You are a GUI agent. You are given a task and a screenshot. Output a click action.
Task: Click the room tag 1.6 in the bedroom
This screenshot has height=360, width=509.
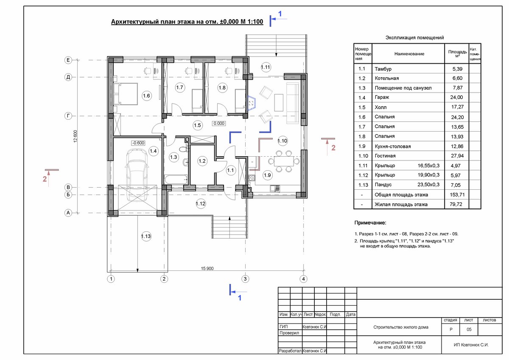pyautogui.click(x=146, y=96)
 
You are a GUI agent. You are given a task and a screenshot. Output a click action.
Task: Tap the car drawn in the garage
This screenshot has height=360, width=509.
pyautogui.click(x=137, y=175)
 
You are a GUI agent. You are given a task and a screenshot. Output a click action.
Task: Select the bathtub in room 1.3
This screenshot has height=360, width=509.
pyautogui.click(x=176, y=180)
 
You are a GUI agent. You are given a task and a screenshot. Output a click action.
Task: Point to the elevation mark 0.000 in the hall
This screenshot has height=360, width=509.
pyautogui.click(x=219, y=124)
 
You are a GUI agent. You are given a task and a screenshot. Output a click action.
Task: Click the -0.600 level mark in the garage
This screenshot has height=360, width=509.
pyautogui.click(x=138, y=143)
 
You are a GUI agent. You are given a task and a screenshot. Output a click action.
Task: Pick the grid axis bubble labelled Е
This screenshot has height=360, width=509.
pyautogui.click(x=68, y=60)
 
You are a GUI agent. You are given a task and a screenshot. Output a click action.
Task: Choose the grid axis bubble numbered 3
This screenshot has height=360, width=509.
pyautogui.click(x=245, y=279)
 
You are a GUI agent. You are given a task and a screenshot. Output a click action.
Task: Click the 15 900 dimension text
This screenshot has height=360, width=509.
pyautogui.click(x=207, y=268)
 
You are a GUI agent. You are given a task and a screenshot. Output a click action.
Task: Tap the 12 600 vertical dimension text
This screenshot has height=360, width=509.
pyautogui.click(x=75, y=136)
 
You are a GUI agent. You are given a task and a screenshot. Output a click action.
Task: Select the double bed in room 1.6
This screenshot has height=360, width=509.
pyautogui.click(x=126, y=94)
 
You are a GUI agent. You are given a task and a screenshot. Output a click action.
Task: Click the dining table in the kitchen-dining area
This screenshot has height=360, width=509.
pyautogui.click(x=284, y=161)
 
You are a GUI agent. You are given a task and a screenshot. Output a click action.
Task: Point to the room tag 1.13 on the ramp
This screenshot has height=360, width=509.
pyautogui.click(x=146, y=236)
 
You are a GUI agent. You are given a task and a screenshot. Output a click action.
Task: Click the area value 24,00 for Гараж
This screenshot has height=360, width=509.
pyautogui.click(x=456, y=97)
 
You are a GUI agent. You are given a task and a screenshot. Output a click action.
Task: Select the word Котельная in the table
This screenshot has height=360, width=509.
pyautogui.click(x=386, y=78)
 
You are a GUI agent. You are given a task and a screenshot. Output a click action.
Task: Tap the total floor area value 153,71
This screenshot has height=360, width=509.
pyautogui.click(x=457, y=195)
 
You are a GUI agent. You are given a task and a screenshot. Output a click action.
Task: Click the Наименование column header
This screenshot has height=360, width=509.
pyautogui.click(x=409, y=54)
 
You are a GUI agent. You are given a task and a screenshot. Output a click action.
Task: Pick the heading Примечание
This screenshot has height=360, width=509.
pyautogui.click(x=370, y=223)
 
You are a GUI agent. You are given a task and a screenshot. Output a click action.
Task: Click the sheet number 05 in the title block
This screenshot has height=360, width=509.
pyautogui.click(x=469, y=329)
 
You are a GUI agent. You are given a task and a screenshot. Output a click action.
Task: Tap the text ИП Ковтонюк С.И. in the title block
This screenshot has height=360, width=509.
pyautogui.click(x=471, y=345)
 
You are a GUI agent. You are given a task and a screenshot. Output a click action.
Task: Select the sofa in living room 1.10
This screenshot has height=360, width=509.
pyautogui.click(x=292, y=103)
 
